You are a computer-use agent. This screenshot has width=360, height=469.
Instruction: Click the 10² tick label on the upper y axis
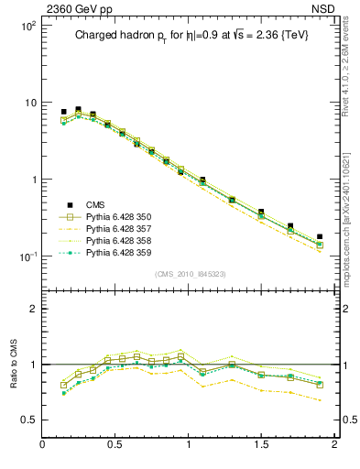click(x=27, y=26)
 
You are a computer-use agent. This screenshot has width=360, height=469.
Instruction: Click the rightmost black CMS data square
click(x=320, y=236)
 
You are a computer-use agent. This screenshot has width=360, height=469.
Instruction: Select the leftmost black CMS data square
click(x=63, y=112)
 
